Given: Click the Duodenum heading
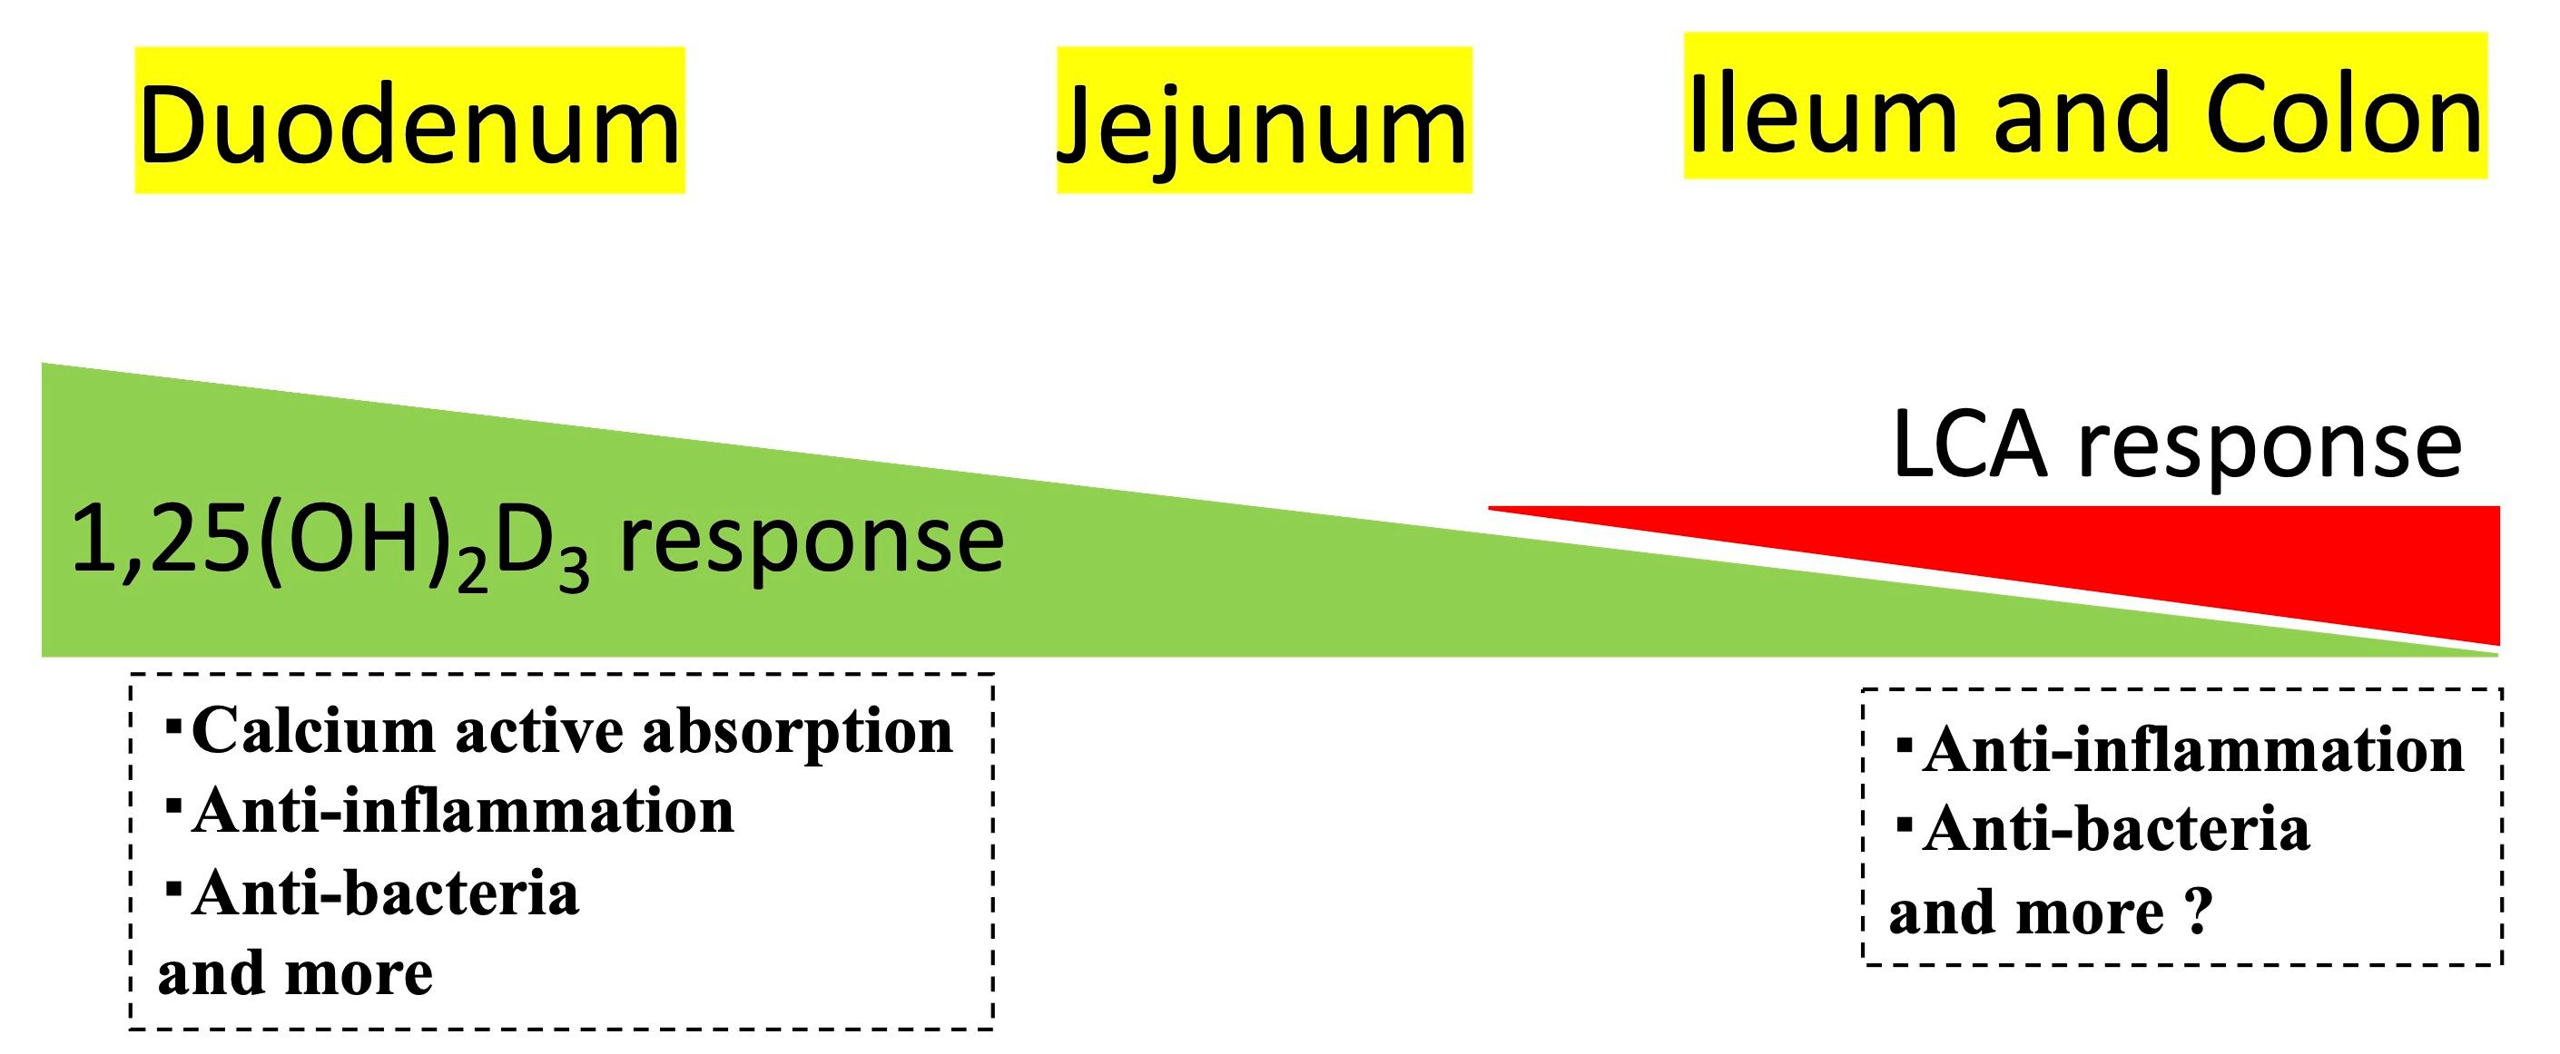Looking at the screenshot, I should coord(409,124).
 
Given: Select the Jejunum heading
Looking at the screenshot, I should coord(1263,127).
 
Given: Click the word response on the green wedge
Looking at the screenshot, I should coord(810,542).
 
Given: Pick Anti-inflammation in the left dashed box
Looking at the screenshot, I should coord(463,812).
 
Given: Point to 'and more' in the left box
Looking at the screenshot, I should coord(295,973).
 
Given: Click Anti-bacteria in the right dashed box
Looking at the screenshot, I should coord(2116,828).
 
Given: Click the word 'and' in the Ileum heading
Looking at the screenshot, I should coord(2077,114).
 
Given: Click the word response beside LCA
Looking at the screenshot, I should coord(2270,446).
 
